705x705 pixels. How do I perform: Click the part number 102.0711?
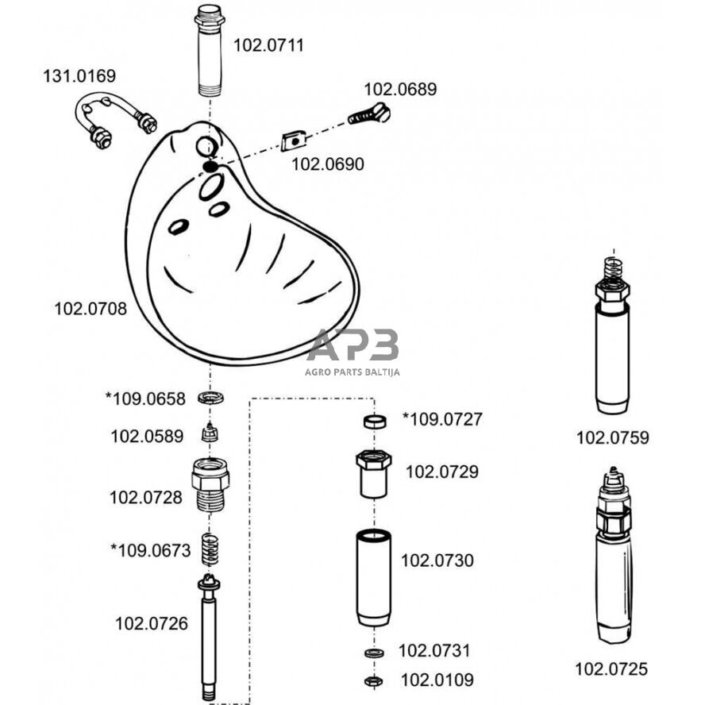click(x=269, y=45)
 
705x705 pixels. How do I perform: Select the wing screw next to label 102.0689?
click(x=369, y=114)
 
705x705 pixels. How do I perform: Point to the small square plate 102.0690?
click(x=294, y=141)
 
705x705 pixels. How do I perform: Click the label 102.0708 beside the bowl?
click(x=91, y=309)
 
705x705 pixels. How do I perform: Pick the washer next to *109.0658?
click(x=210, y=398)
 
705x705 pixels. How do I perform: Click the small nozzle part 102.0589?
click(x=210, y=433)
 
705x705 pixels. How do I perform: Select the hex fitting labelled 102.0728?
click(x=210, y=484)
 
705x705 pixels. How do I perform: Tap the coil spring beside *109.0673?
click(x=210, y=549)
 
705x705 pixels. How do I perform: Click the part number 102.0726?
click(x=152, y=623)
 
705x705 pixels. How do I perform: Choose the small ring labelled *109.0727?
click(x=375, y=422)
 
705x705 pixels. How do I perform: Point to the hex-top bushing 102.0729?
click(x=374, y=473)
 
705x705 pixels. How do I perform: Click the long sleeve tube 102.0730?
click(x=374, y=578)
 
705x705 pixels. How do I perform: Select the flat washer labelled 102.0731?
click(x=374, y=653)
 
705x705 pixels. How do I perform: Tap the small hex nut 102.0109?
click(x=373, y=681)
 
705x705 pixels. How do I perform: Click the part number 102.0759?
click(x=613, y=437)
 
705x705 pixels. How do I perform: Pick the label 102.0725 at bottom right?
click(x=611, y=669)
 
